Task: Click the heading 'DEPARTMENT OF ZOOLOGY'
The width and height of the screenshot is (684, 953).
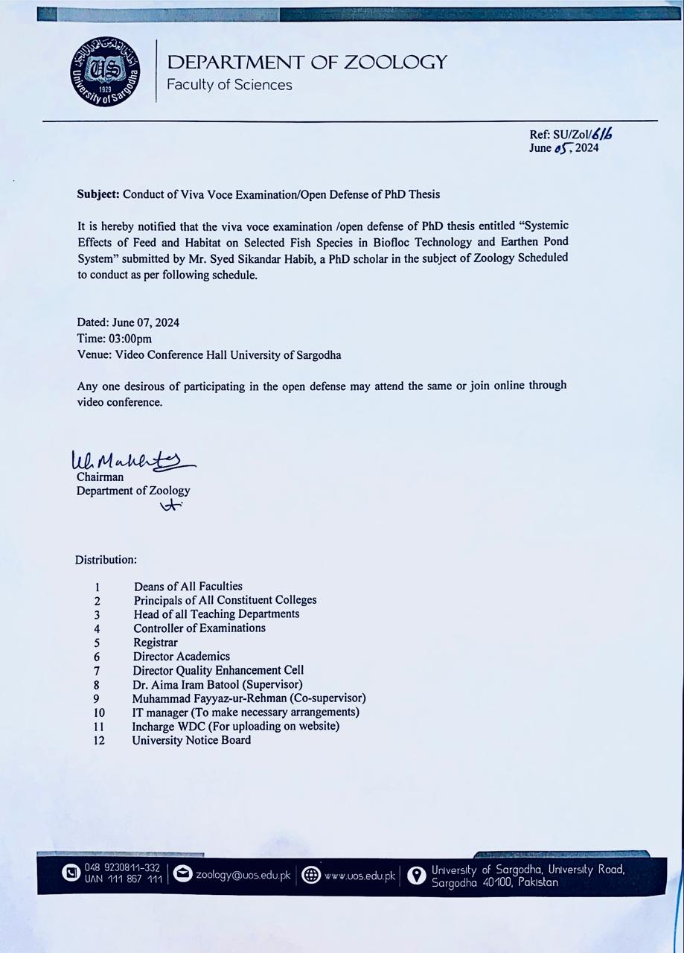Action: pyautogui.click(x=307, y=62)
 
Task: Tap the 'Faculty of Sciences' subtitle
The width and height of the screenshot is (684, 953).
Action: pyautogui.click(x=229, y=85)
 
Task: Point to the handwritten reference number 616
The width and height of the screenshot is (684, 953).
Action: pyautogui.click(x=604, y=134)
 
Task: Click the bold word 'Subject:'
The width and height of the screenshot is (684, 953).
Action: pyautogui.click(x=98, y=194)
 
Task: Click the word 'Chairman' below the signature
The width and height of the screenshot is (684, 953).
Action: pyautogui.click(x=100, y=477)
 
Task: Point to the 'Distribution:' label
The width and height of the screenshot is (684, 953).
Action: pyautogui.click(x=106, y=559)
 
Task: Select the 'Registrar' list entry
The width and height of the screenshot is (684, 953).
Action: pyautogui.click(x=156, y=642)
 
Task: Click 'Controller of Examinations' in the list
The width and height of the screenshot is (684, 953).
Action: pyautogui.click(x=199, y=628)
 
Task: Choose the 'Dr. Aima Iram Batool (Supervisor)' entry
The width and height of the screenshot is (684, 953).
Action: pyautogui.click(x=218, y=684)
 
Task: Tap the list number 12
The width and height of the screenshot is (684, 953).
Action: pyautogui.click(x=99, y=741)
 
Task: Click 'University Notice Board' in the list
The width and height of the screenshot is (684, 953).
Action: pyautogui.click(x=191, y=740)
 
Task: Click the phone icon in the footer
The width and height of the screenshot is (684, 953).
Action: pyautogui.click(x=71, y=872)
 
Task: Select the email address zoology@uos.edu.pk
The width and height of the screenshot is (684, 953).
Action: pyautogui.click(x=243, y=875)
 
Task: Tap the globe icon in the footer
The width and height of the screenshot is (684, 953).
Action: pyautogui.click(x=311, y=876)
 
